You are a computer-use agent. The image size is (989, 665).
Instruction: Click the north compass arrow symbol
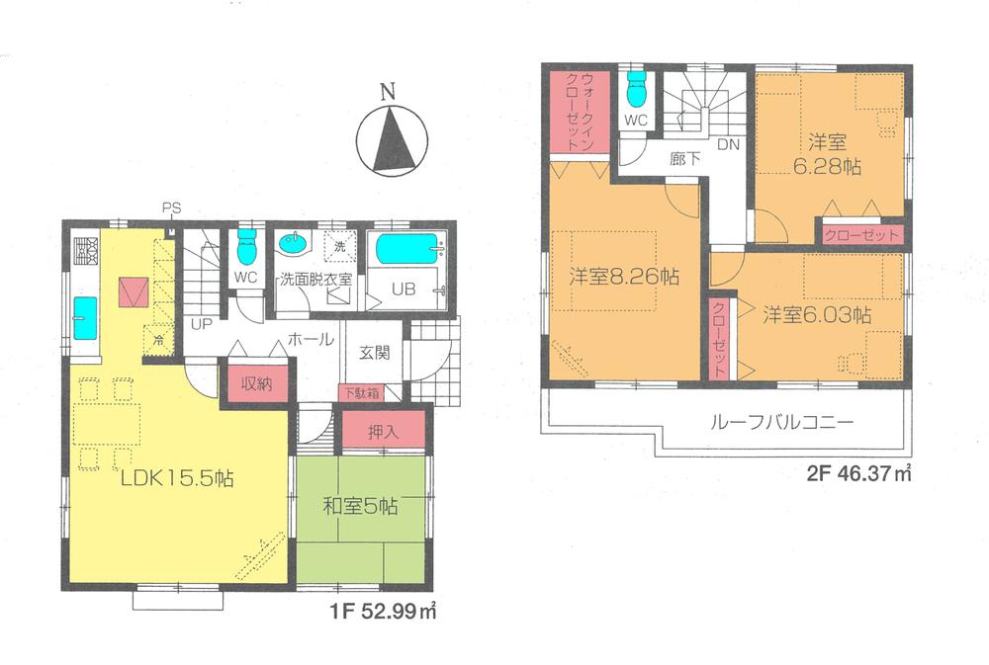pyautogui.click(x=391, y=137)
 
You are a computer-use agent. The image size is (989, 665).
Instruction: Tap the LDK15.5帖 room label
pyautogui.click(x=176, y=479)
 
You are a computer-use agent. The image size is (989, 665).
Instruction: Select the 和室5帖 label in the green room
pyautogui.click(x=360, y=507)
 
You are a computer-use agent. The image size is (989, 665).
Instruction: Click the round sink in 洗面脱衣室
pyautogui.click(x=293, y=244)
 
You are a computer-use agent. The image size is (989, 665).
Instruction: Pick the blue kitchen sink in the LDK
pyautogui.click(x=84, y=317)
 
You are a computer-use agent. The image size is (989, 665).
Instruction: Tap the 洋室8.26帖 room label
pyautogui.click(x=623, y=278)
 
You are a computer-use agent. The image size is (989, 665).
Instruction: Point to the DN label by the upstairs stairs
pyautogui.click(x=728, y=144)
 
